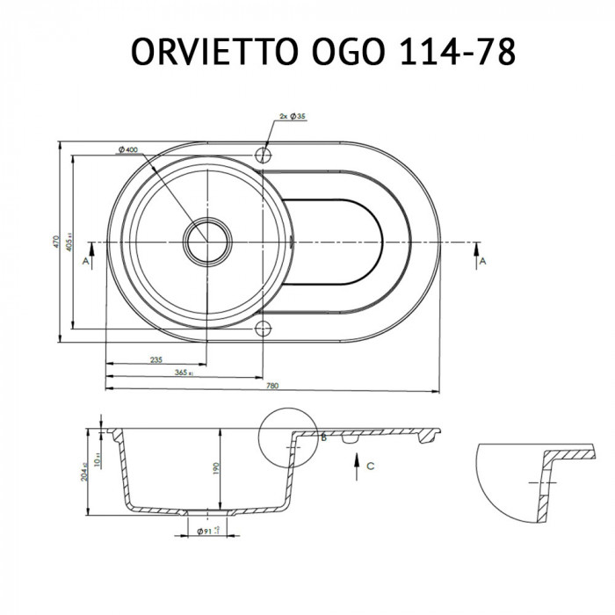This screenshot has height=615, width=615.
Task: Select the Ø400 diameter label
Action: pos(127,150)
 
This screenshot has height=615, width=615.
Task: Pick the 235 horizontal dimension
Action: pos(156,360)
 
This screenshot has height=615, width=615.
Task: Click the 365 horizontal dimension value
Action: pos(183,373)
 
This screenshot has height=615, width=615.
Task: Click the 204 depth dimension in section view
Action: pos(84,473)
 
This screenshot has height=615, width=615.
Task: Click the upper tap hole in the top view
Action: pos(263,155)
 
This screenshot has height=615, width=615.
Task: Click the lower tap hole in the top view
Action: pos(263,329)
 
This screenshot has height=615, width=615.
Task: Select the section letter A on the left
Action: pos(85,262)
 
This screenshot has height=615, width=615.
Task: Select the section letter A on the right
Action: pos(482,262)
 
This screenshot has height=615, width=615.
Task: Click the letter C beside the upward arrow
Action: pos(371,467)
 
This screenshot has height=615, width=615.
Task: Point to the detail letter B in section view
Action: pos(322,437)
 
